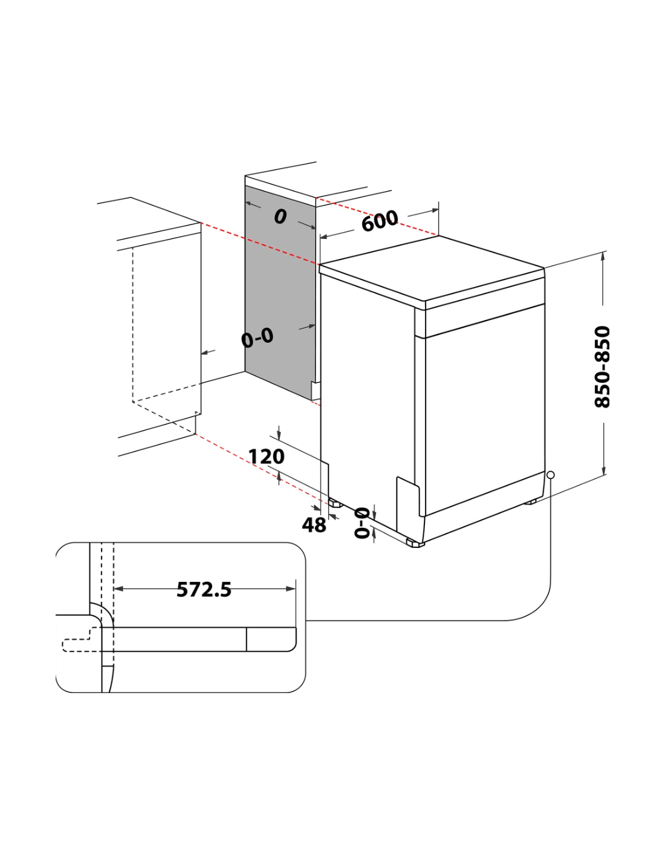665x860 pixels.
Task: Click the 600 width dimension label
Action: [380, 221]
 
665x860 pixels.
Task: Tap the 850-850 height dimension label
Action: [602, 366]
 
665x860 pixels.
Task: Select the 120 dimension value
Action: [266, 457]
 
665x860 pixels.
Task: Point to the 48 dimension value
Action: [314, 525]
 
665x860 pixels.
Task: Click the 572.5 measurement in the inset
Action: [204, 589]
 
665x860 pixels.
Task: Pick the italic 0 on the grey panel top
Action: [280, 217]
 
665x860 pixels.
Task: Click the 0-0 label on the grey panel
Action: [257, 339]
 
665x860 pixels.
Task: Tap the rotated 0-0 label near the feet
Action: [362, 523]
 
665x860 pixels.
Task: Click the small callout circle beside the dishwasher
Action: [550, 475]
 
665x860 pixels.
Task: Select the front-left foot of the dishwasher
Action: [415, 544]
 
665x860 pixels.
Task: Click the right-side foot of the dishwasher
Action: [530, 501]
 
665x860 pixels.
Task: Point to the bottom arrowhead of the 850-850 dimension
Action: [604, 470]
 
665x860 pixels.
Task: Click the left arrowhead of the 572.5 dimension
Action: [118, 589]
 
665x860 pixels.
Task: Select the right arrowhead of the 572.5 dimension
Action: [291, 589]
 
